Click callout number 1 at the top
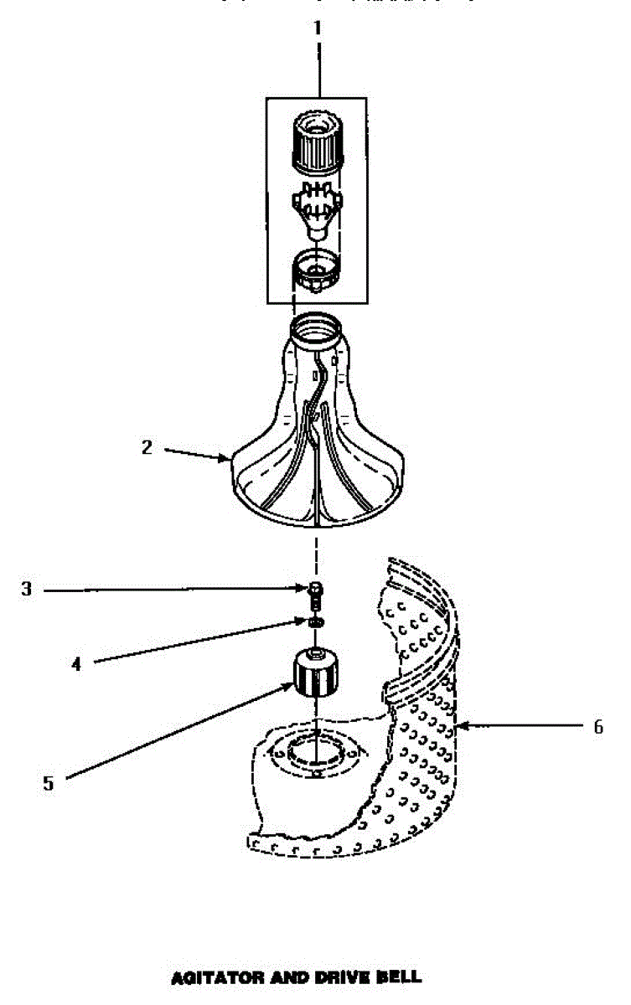(317, 28)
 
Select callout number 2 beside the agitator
(147, 447)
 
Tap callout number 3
(27, 590)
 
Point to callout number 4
(76, 664)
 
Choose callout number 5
(48, 783)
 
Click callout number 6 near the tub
(597, 727)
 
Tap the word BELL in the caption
(399, 977)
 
